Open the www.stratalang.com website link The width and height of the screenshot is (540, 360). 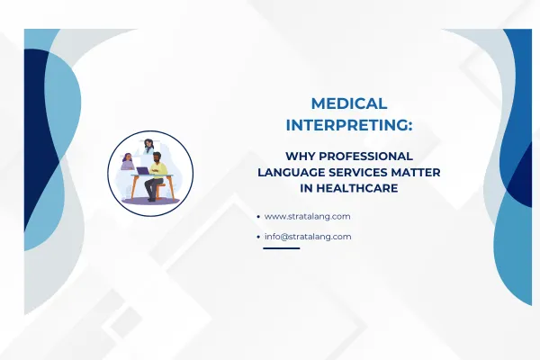pos(308,217)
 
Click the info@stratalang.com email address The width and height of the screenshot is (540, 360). pos(308,237)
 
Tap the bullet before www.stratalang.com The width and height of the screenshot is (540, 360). pos(259,217)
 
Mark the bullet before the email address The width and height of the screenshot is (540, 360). pos(259,237)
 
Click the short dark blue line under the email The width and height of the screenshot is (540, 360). pos(281,248)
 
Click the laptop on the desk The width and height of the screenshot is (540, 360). pos(142,169)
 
